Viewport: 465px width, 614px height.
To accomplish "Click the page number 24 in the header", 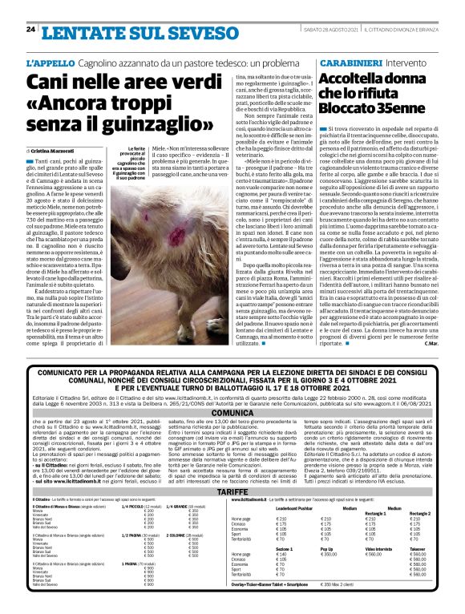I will [x=30, y=29].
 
